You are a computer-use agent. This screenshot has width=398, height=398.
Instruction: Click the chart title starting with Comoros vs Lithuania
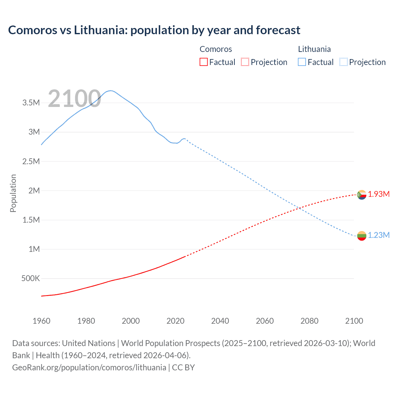click(x=154, y=30)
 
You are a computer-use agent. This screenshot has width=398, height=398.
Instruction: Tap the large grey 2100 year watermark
click(x=74, y=99)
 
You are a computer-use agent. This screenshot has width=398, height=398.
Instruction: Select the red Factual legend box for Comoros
click(x=203, y=62)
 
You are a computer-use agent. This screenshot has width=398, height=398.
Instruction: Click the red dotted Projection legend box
click(x=245, y=62)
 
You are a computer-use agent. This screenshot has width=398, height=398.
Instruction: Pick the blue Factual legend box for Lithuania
click(x=302, y=62)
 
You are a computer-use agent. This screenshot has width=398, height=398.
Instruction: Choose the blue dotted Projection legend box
click(x=343, y=62)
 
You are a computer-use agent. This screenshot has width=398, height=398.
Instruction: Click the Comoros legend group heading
click(x=215, y=49)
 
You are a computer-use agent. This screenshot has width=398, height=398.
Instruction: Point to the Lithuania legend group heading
click(x=314, y=49)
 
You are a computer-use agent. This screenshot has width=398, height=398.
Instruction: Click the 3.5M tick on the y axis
click(x=31, y=103)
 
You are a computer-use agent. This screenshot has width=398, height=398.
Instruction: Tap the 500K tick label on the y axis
click(x=30, y=278)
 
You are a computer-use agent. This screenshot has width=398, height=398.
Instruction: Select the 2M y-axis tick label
click(x=34, y=191)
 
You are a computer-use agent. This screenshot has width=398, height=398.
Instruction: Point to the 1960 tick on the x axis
click(x=41, y=321)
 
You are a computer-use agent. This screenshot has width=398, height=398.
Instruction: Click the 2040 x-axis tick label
click(x=220, y=321)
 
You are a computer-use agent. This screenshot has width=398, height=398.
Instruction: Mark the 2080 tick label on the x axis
click(x=309, y=321)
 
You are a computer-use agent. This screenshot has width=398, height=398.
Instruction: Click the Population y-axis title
click(x=13, y=193)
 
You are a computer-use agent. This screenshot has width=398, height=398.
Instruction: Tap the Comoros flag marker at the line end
click(x=362, y=195)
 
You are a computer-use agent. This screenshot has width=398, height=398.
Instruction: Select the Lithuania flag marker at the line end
click(x=362, y=236)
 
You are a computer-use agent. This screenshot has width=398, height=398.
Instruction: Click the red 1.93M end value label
click(x=379, y=194)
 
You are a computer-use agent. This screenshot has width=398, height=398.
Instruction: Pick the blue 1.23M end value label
click(x=379, y=235)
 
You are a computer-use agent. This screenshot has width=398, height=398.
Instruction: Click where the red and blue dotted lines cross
click(x=299, y=208)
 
